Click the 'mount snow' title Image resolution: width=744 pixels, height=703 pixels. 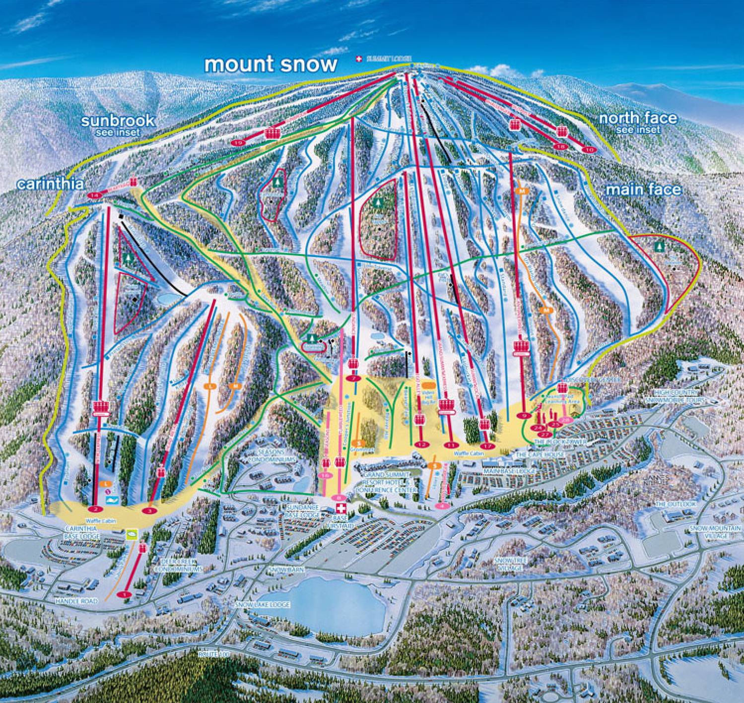pos(271,64)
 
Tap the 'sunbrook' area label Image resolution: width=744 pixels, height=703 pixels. pos(118,121)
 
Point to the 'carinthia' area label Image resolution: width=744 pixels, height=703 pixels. pos(49,184)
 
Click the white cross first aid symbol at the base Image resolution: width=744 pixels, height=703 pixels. pos(341,509)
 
